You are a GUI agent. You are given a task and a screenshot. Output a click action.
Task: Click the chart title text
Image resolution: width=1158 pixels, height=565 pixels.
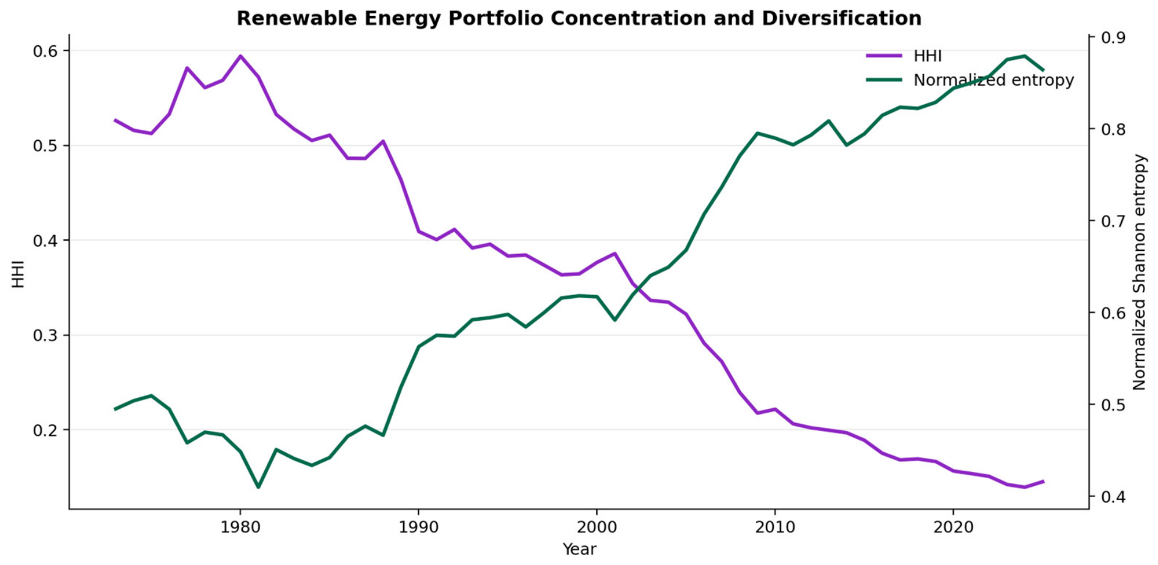pos(579,18)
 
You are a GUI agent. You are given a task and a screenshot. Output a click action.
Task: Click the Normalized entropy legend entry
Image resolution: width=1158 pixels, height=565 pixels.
pos(970,80)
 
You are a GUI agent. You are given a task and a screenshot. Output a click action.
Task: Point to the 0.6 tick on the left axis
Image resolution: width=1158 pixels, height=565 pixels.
pos(45,51)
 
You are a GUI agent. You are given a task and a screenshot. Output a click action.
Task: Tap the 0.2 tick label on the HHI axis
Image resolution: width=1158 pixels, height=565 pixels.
pos(45,430)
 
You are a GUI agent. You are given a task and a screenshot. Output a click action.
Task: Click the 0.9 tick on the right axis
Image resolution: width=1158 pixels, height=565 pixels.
pos(1113,37)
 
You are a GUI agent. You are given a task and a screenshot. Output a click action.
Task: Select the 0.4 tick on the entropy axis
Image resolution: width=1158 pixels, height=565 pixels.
pos(1113,496)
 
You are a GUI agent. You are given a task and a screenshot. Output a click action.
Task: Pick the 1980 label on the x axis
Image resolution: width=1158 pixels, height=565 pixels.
pos(240,526)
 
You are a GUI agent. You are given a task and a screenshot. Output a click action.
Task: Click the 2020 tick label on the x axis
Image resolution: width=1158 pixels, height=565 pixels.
pos(953,526)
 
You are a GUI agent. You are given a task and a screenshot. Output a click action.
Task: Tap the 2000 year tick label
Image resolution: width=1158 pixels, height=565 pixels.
pos(596,526)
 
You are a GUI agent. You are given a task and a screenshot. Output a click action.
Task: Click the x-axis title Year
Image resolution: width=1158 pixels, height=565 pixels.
pos(579,549)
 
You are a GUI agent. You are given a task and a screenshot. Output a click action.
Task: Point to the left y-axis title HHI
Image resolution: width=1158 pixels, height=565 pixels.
pos(18,274)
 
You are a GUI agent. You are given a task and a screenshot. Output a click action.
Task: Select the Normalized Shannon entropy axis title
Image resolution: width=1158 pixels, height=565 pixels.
pos(1139,272)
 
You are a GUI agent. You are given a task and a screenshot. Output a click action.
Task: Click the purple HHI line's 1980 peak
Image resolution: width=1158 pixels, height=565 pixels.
pos(240,56)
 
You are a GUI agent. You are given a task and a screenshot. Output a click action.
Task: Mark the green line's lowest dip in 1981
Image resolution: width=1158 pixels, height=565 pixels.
pos(258,487)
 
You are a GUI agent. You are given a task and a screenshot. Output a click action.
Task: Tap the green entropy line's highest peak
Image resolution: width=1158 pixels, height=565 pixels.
pos(1025,56)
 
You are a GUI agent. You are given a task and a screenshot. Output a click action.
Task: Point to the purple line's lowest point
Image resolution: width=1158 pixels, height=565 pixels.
pos(1025,487)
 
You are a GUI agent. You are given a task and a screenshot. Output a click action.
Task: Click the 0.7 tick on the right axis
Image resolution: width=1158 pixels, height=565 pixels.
pos(1113,221)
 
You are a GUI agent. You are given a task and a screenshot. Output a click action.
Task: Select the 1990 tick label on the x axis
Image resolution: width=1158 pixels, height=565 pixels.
pos(418,526)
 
